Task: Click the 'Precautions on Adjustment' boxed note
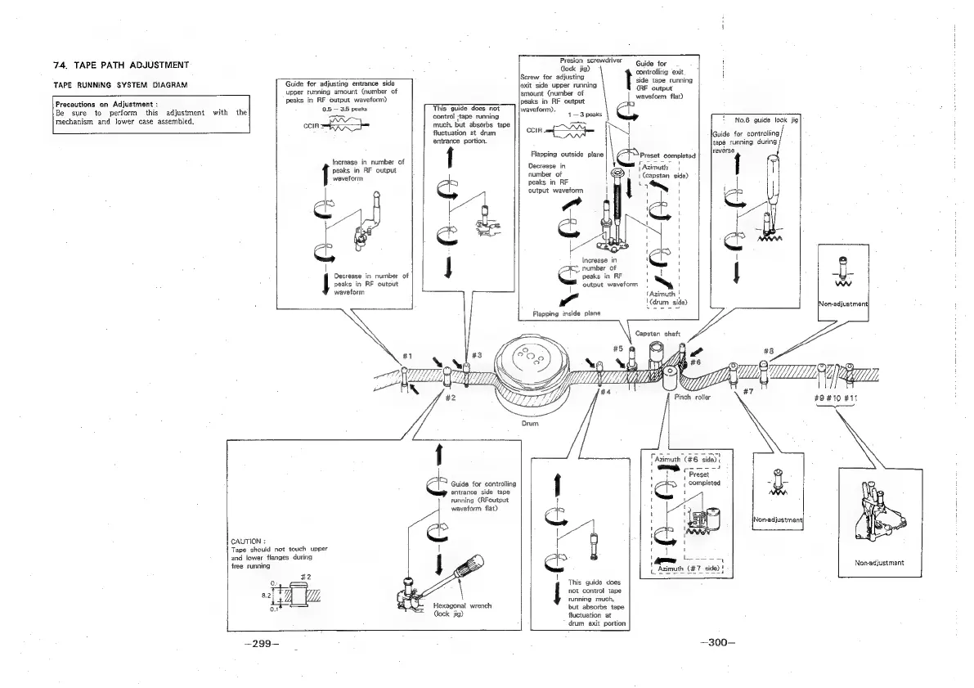tap(150, 115)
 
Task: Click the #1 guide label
tap(407, 357)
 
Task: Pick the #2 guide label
tap(450, 398)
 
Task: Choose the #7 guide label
tap(747, 391)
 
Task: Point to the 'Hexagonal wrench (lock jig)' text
tap(462, 610)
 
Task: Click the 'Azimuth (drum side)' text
tap(663, 298)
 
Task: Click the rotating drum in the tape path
tap(532, 368)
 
